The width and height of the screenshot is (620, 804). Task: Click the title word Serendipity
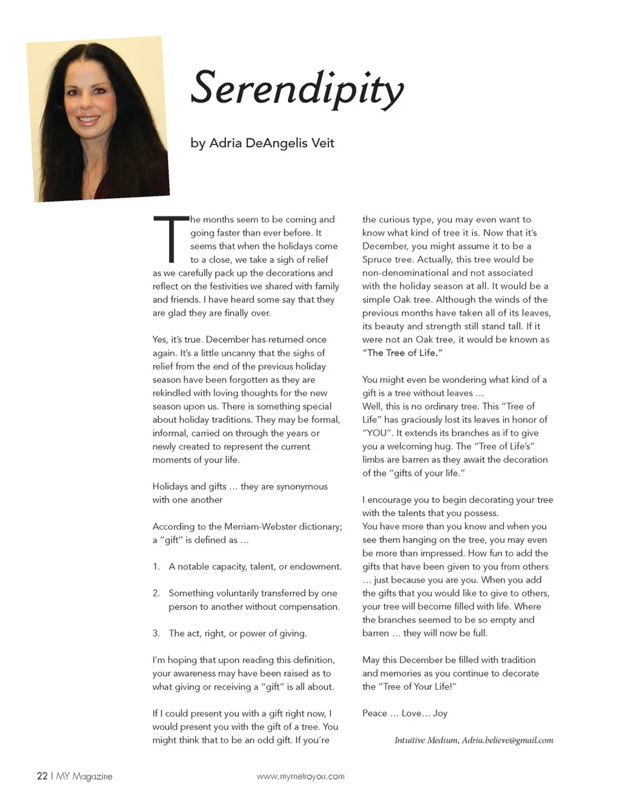(297, 88)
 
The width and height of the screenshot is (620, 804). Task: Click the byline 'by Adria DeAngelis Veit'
(262, 143)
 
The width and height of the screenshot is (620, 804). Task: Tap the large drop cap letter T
(170, 239)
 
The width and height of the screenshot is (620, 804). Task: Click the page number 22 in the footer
(42, 776)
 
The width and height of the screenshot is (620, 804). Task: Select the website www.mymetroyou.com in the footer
(300, 776)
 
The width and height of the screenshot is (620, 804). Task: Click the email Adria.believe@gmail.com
(508, 740)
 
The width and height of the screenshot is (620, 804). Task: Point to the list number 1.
(156, 566)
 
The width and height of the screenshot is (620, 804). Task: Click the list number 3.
(156, 633)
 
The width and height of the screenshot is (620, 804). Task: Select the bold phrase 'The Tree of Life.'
(404, 353)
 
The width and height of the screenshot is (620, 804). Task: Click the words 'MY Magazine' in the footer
(84, 776)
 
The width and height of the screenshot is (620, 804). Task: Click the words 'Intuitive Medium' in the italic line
(426, 740)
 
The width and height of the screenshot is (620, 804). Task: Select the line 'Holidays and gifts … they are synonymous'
(240, 486)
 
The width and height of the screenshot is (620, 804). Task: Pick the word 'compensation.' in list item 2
(309, 606)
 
